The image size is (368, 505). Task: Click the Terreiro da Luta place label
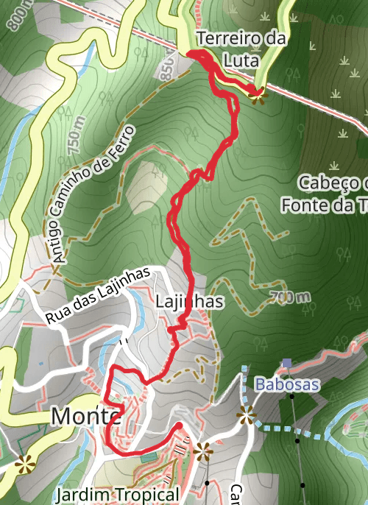241,49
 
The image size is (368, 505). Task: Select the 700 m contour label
289,297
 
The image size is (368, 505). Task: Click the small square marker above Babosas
286,364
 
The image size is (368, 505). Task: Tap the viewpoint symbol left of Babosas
246,416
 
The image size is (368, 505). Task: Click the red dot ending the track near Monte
178,425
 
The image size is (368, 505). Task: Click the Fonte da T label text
324,205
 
